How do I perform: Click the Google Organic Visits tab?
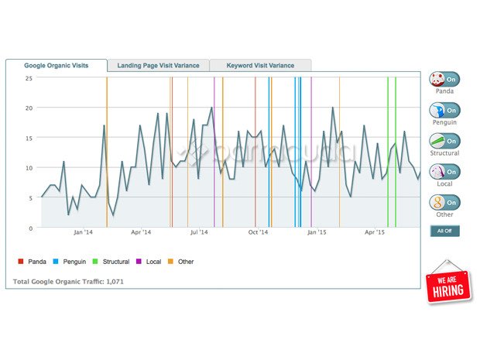coord(56,66)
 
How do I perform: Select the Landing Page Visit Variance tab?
coord(158,66)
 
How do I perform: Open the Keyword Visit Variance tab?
coord(260,66)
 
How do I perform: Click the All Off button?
coord(444,231)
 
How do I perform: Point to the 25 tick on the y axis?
coord(29,78)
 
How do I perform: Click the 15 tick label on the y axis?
coord(29,139)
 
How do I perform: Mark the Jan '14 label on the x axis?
coord(83,232)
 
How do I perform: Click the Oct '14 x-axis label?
coord(259,232)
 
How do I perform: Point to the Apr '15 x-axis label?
coord(375,232)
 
